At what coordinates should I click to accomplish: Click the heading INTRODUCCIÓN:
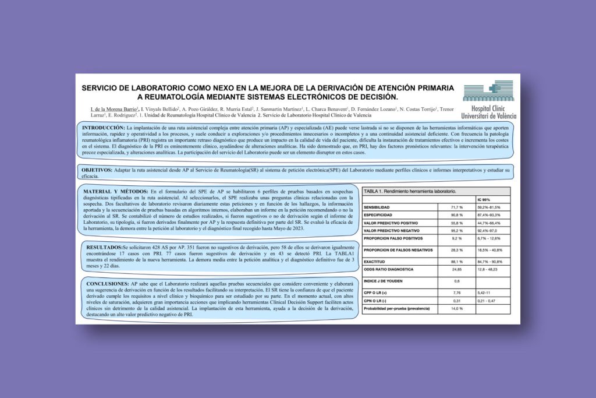click(103, 127)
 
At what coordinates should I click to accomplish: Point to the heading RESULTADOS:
click(102, 247)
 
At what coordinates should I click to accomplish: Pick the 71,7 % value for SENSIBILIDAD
click(457, 207)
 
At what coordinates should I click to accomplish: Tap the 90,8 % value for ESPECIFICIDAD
click(457, 216)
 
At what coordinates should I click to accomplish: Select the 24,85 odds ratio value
click(456, 269)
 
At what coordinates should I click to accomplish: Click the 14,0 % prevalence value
click(457, 308)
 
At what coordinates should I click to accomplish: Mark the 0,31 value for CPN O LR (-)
click(456, 300)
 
